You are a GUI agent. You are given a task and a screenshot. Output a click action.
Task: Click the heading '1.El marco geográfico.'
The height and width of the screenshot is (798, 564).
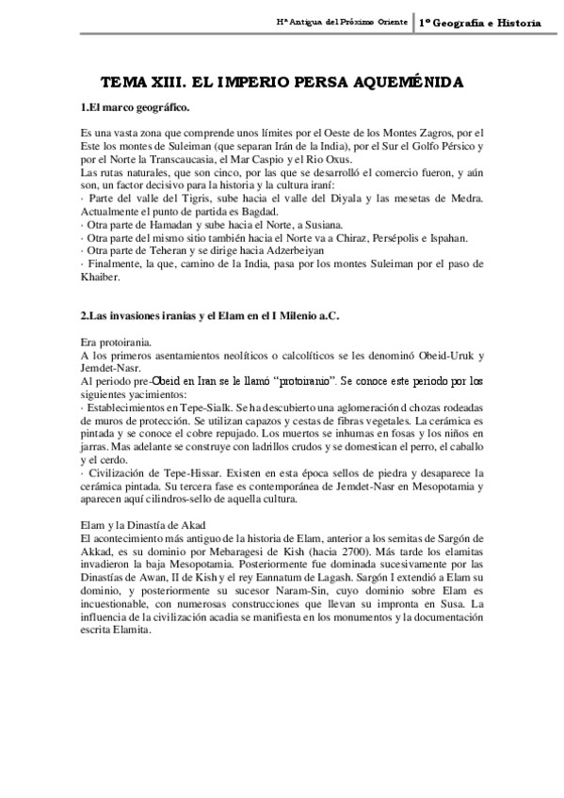[x=136, y=108]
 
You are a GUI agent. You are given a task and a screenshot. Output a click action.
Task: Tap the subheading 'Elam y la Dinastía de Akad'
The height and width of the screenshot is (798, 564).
[x=150, y=524]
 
